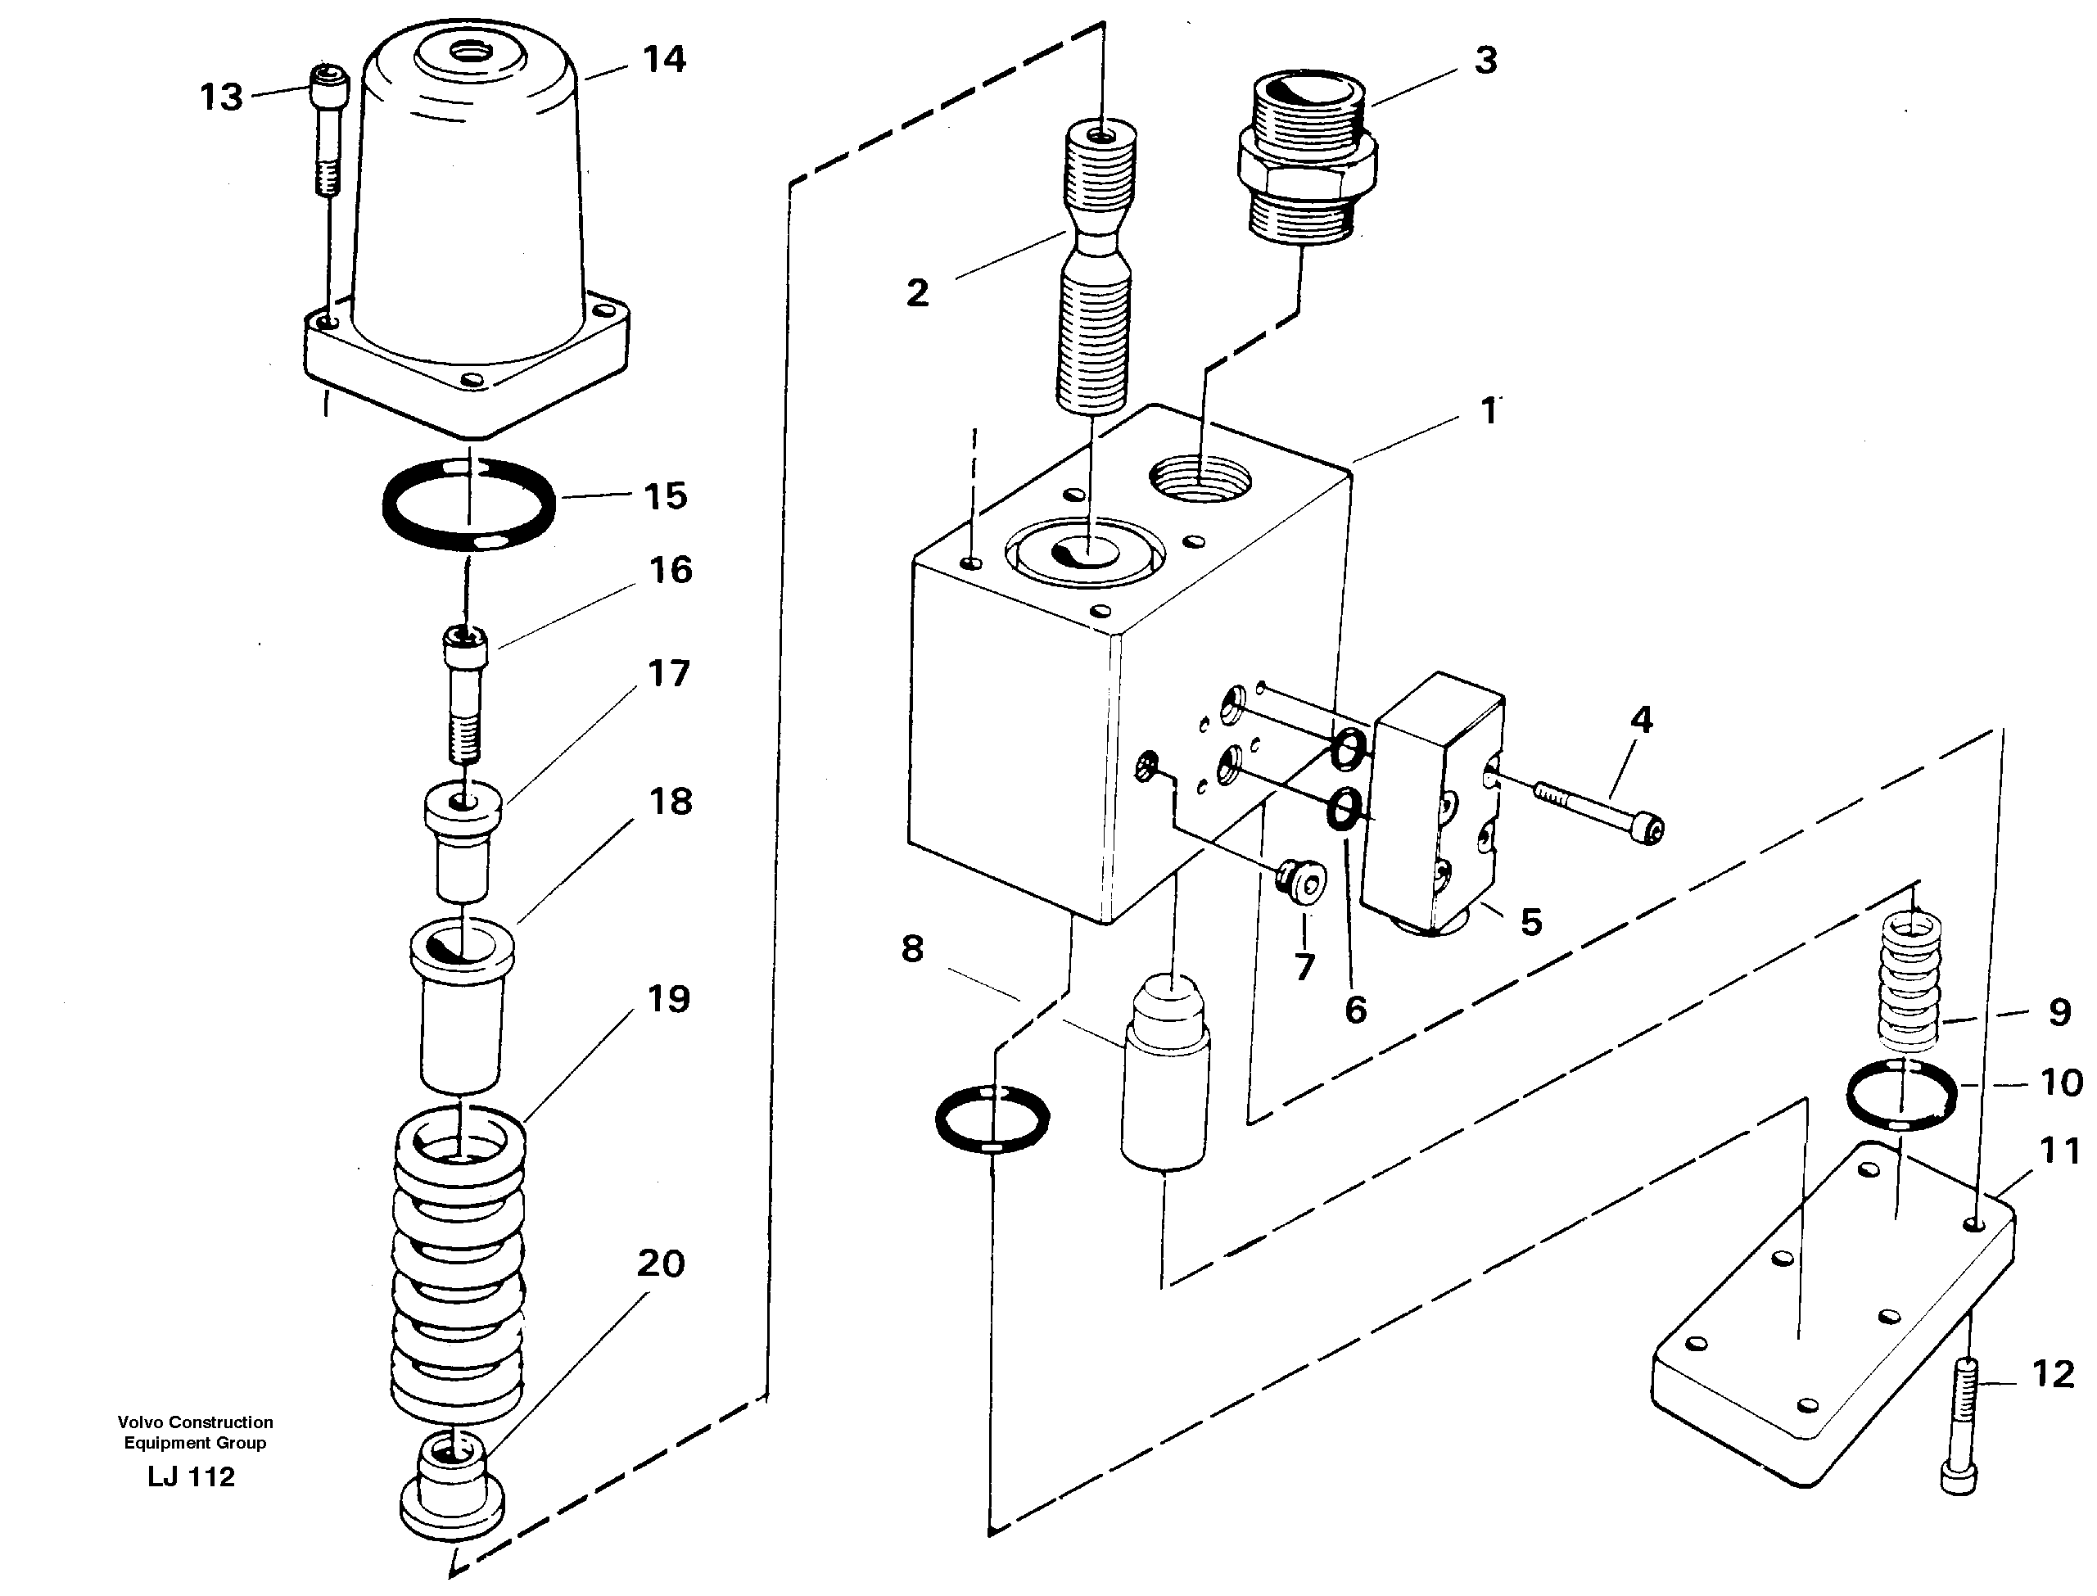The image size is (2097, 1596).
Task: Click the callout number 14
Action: click(664, 60)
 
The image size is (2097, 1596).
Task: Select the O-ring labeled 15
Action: click(468, 504)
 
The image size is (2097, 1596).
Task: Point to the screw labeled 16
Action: click(464, 693)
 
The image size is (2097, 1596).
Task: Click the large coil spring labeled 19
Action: click(459, 1263)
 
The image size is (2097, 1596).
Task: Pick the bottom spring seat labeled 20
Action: click(452, 1490)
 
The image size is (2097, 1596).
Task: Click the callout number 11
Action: click(2059, 1151)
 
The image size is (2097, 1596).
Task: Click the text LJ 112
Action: click(191, 1476)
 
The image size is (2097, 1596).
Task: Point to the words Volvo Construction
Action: click(195, 1422)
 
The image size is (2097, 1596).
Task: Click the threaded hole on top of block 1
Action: click(1201, 478)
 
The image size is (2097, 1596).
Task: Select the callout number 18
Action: click(671, 801)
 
